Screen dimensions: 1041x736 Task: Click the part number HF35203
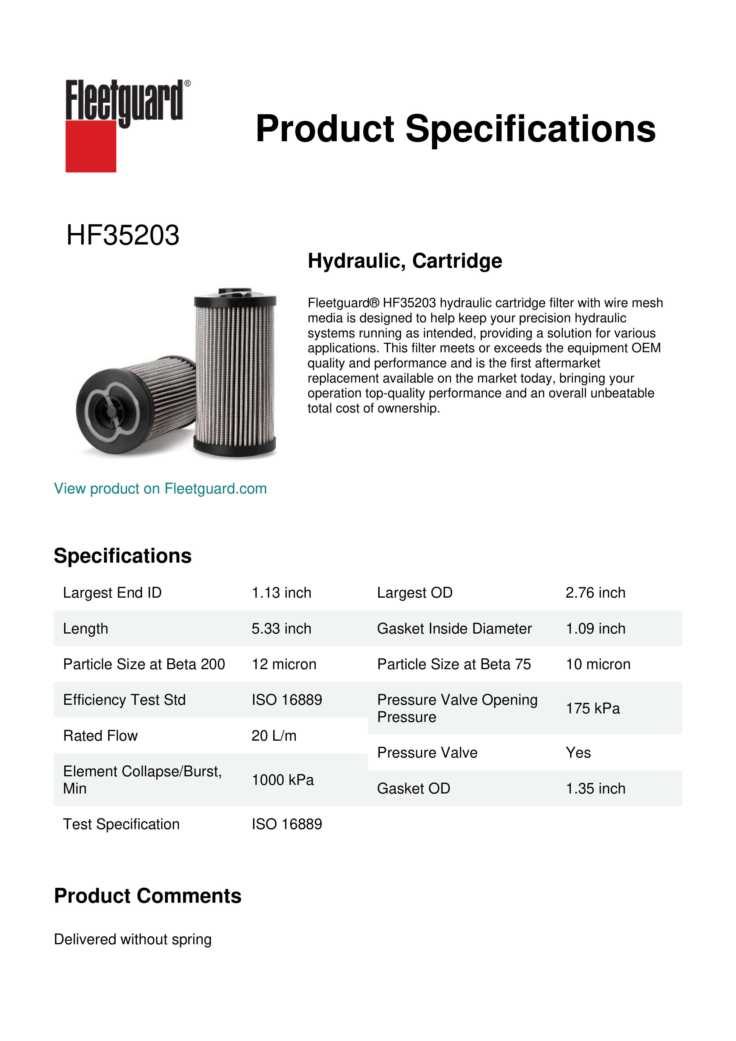click(123, 235)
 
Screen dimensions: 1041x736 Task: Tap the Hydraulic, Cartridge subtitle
click(405, 261)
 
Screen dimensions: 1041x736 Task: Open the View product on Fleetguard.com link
click(160, 488)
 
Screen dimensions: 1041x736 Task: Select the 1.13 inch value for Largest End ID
click(282, 593)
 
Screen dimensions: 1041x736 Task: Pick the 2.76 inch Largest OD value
click(595, 593)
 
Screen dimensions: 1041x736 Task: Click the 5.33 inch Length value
click(282, 629)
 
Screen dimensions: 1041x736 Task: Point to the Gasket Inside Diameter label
click(454, 629)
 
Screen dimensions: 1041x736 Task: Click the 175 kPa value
click(592, 708)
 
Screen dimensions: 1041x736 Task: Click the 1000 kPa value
click(282, 780)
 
